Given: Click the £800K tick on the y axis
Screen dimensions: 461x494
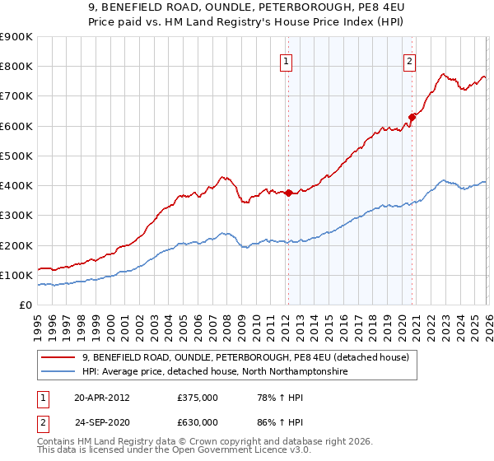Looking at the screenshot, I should [x=16, y=67].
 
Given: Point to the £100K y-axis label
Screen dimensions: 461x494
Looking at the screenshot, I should [x=16, y=275].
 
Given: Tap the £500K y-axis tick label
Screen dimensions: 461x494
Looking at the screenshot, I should [x=16, y=156].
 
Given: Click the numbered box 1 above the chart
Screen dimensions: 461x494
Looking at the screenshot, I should [x=286, y=60].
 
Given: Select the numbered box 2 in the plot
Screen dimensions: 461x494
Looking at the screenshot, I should [x=409, y=60].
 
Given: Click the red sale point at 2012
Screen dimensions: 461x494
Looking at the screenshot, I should [x=288, y=193].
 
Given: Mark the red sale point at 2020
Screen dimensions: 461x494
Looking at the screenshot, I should [x=412, y=117].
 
